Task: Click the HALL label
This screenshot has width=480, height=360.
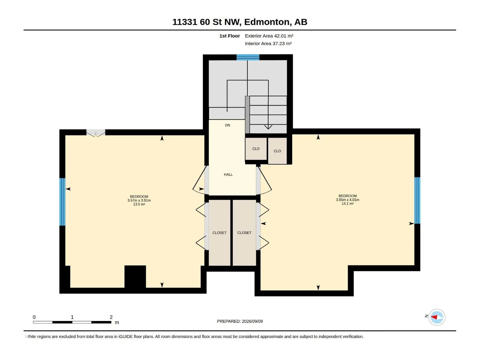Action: point(228,174)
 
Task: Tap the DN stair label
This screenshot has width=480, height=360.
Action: point(227,125)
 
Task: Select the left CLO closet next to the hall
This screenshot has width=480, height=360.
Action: point(256,148)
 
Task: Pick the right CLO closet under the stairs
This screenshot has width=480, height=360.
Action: point(277,151)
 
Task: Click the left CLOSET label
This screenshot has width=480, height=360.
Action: point(219,233)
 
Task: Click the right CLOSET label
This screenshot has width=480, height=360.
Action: point(244,233)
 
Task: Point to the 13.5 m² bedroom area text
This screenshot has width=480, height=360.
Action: point(139,204)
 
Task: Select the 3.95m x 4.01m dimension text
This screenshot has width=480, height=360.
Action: point(347,200)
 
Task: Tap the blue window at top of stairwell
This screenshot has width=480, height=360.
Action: point(248,57)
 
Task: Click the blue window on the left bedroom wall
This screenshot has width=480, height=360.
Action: point(62,202)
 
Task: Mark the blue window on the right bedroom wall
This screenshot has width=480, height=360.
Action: point(417,200)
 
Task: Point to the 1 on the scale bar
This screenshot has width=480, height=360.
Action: point(72,317)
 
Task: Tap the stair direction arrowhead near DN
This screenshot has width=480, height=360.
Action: point(268,127)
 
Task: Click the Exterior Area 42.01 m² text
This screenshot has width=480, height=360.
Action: point(269,36)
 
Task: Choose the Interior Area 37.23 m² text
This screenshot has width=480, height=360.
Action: point(268,43)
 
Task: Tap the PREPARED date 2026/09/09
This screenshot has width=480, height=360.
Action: point(252,321)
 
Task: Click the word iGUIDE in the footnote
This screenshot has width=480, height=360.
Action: point(125,337)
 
